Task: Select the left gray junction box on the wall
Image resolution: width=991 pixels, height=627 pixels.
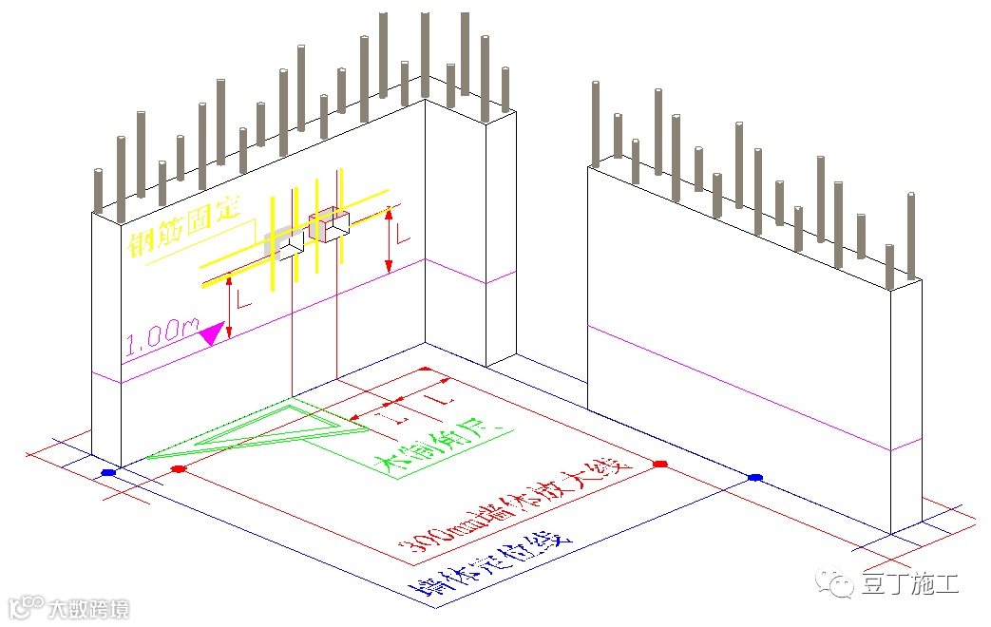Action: [x=286, y=242]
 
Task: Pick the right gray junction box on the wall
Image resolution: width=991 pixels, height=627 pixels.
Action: [x=330, y=224]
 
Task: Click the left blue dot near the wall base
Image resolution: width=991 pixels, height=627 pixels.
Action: [x=108, y=472]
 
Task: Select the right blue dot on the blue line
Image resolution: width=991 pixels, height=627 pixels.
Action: [x=755, y=477]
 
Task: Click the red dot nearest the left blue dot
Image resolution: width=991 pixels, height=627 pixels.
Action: [x=178, y=469]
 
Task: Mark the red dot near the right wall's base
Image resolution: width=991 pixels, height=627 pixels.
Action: [x=660, y=464]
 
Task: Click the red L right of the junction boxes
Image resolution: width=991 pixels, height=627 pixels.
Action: [x=403, y=233]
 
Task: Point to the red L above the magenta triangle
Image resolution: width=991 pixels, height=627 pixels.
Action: [x=244, y=301]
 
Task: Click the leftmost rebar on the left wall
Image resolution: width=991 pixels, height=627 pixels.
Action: [x=98, y=191]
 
